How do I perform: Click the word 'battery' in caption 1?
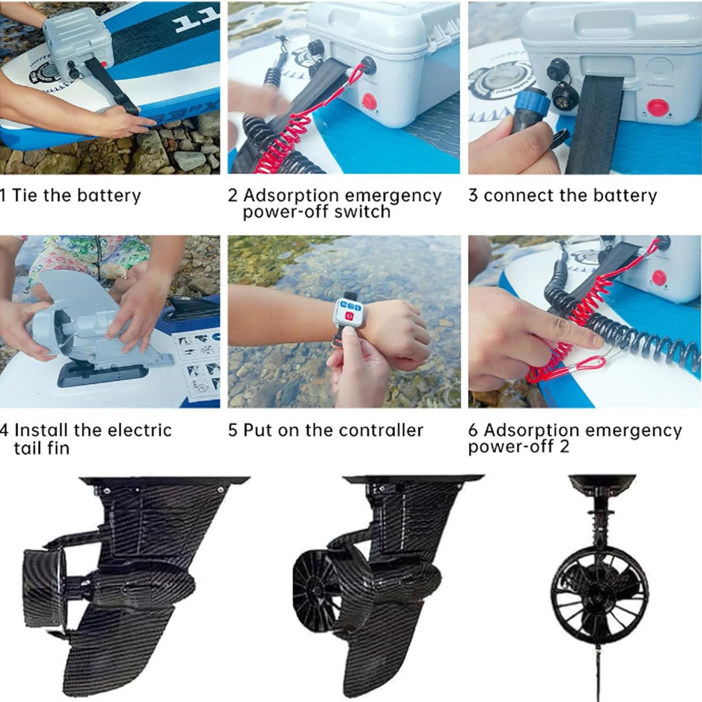click(109, 195)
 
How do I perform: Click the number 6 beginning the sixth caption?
click(473, 430)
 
